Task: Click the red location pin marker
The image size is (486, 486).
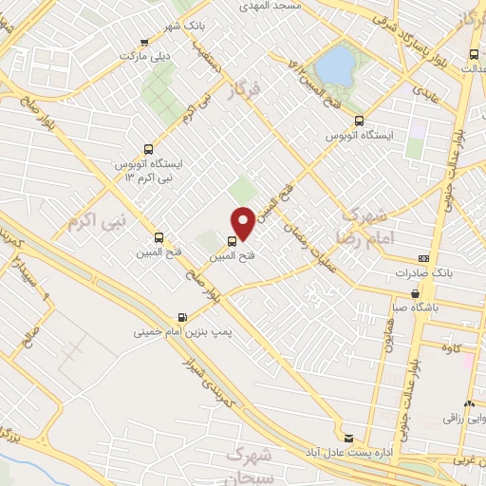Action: click(243, 224)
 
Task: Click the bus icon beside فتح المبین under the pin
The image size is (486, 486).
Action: click(234, 241)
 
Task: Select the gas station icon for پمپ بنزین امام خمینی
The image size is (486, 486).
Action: click(182, 318)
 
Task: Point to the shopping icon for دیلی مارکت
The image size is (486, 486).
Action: click(143, 42)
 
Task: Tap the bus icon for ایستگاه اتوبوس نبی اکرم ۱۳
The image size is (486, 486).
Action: click(147, 148)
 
